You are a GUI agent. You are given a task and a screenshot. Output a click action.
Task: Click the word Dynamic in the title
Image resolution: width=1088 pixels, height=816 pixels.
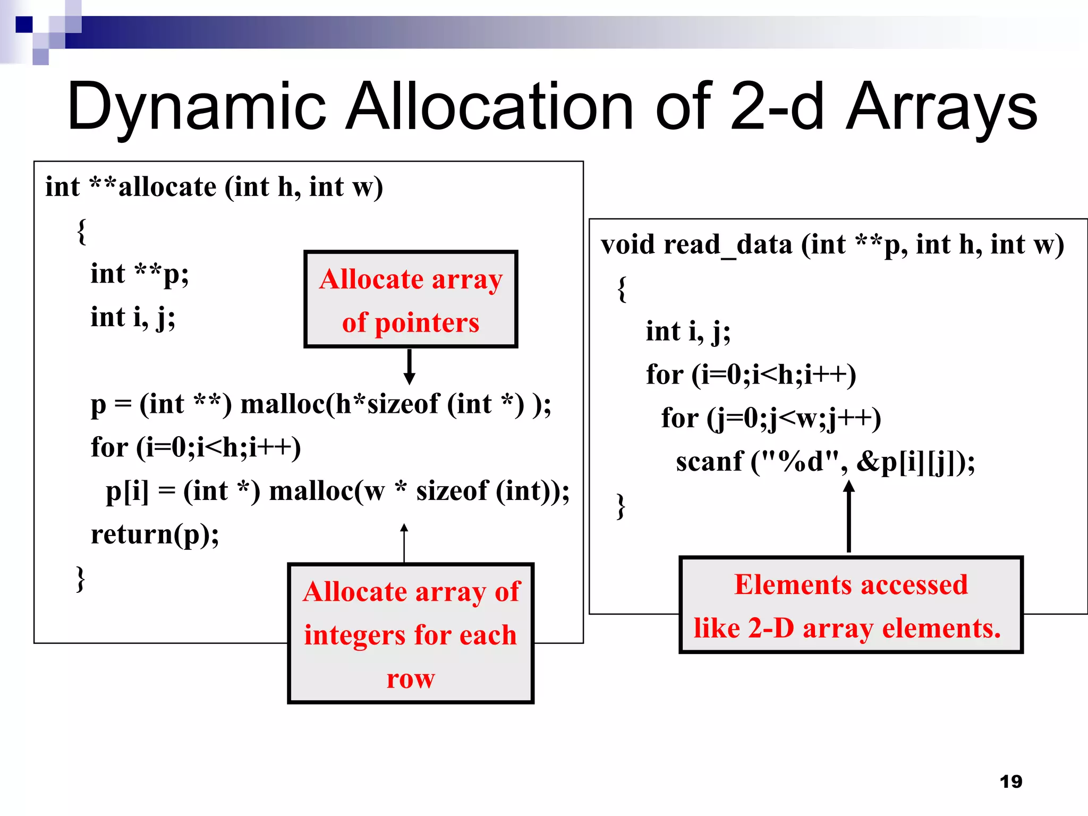click(197, 106)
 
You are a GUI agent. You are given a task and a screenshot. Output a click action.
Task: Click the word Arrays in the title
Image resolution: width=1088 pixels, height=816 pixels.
click(941, 106)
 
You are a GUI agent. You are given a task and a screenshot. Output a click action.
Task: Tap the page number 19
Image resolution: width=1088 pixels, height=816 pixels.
click(1010, 781)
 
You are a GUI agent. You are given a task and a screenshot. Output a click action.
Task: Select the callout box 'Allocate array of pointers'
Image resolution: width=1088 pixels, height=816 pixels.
click(410, 299)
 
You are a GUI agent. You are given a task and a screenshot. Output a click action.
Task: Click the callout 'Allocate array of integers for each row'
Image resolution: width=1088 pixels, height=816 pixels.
click(410, 633)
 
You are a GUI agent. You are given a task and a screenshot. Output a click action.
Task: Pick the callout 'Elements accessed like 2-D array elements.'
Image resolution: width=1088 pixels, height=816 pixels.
click(851, 605)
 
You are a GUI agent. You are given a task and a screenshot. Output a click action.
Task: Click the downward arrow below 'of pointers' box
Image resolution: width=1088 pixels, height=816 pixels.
click(409, 367)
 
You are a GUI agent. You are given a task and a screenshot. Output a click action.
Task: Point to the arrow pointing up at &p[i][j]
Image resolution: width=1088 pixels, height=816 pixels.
click(849, 515)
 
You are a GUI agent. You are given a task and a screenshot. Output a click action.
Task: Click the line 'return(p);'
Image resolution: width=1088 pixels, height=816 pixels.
click(155, 534)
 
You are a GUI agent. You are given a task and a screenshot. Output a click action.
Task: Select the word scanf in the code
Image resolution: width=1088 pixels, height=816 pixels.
click(709, 461)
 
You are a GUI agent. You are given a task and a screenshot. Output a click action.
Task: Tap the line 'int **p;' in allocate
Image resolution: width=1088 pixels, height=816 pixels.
click(139, 274)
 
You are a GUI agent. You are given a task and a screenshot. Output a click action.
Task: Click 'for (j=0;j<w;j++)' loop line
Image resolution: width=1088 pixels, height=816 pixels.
click(771, 418)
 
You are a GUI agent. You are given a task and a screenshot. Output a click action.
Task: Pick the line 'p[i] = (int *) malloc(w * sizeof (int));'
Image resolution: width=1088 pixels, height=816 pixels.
click(337, 490)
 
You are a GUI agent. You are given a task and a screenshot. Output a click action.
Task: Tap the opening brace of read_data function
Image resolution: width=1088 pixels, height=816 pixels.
click(622, 289)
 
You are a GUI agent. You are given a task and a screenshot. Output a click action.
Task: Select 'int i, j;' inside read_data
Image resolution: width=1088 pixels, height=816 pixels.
click(688, 331)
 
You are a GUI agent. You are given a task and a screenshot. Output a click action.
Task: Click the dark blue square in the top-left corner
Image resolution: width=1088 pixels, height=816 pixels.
click(24, 24)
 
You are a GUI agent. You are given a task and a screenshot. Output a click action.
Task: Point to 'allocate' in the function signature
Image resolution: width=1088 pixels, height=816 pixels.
click(167, 187)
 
